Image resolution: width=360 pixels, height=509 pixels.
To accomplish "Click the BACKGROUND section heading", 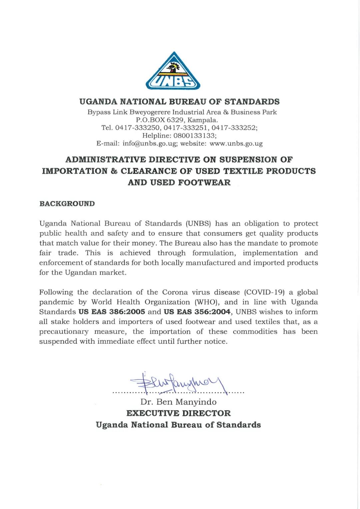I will (x=67, y=204).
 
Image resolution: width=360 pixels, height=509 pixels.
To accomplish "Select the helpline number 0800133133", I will (x=195, y=136).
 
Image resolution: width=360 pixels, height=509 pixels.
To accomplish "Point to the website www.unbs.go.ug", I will (x=236, y=144).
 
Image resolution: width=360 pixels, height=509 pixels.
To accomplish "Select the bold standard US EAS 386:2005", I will (x=112, y=312).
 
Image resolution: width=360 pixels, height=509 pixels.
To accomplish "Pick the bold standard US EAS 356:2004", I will (x=197, y=312).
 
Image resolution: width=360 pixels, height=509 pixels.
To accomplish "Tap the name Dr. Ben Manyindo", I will (x=178, y=402).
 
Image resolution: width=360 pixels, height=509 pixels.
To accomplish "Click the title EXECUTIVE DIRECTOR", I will (x=178, y=413).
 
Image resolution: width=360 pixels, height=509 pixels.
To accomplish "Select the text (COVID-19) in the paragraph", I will (x=264, y=292).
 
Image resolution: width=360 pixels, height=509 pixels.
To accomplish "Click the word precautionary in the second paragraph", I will (x=64, y=332).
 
